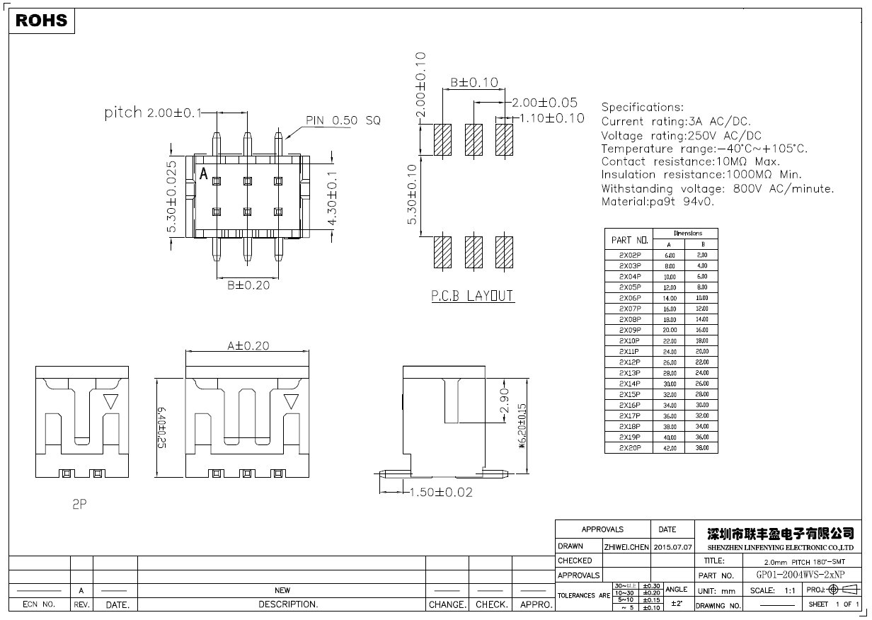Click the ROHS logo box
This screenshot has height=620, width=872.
(42, 21)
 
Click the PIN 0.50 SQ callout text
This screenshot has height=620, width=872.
(343, 121)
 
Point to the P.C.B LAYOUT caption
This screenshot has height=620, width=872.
(472, 297)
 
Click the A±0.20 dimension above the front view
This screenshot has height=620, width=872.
(248, 345)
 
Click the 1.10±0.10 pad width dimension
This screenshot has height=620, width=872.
(552, 118)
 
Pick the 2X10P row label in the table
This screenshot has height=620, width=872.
(629, 340)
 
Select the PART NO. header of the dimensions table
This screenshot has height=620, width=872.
(629, 240)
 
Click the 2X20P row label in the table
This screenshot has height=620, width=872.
(629, 448)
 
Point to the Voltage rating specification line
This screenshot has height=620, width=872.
(681, 135)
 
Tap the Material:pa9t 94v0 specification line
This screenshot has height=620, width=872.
(658, 202)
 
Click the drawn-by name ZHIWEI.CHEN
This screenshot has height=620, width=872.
(626, 547)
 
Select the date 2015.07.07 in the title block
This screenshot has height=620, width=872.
(673, 547)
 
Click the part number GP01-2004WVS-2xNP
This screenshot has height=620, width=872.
(801, 575)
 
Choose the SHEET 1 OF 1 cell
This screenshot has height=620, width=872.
(833, 604)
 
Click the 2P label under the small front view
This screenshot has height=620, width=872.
(79, 505)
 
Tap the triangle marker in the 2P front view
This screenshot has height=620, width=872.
(110, 401)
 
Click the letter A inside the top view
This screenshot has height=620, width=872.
(204, 174)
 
